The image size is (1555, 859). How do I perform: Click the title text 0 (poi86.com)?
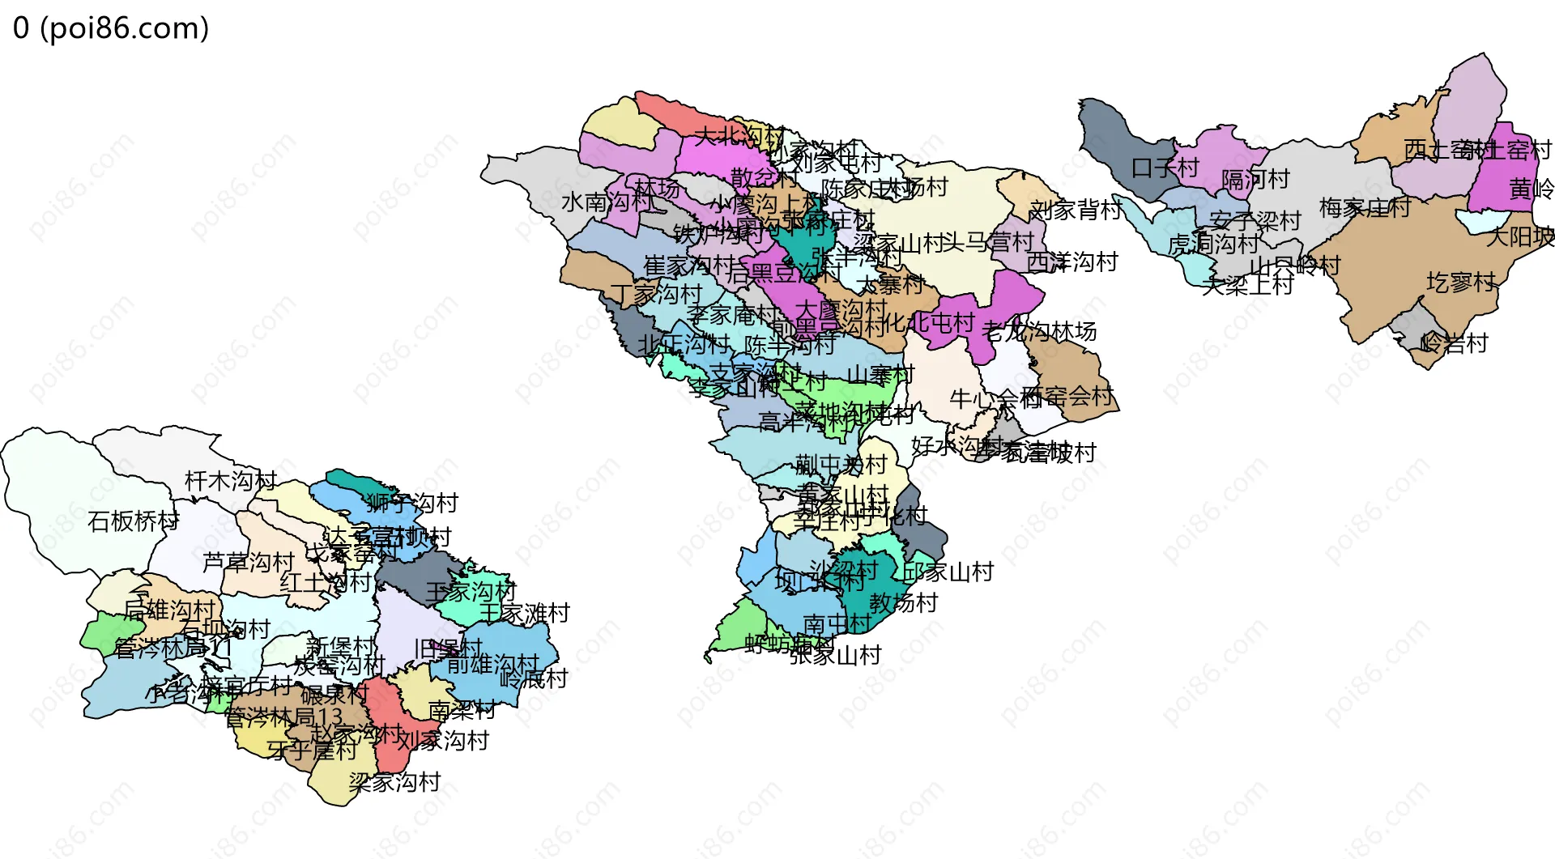[x=111, y=28]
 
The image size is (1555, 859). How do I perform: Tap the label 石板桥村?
[x=134, y=521]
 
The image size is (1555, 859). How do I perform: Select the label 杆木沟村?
[x=231, y=481]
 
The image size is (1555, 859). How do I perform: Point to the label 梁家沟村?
[x=394, y=782]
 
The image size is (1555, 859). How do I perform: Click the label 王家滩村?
[x=525, y=613]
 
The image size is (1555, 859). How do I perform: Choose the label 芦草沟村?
[x=248, y=562]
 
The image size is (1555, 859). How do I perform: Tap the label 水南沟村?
[x=596, y=202]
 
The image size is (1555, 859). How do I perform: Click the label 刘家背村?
[x=1075, y=210]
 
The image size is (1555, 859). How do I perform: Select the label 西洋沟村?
[x=1072, y=262]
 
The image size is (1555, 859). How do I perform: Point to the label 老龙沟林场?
[x=1039, y=331]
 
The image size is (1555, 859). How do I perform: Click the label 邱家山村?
[x=948, y=572]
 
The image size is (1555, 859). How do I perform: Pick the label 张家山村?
[x=836, y=655]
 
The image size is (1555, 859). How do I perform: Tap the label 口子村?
[x=1165, y=168]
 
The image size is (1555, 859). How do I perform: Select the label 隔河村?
[x=1255, y=179]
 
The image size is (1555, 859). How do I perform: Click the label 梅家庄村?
[x=1365, y=208]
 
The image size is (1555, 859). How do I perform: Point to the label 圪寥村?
[x=1461, y=283]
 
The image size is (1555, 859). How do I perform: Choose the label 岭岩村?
[x=1455, y=343]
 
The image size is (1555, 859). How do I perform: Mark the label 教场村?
[x=903, y=602]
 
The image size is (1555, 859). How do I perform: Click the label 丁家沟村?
[x=656, y=294]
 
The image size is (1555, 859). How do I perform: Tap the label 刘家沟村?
[x=443, y=740]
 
